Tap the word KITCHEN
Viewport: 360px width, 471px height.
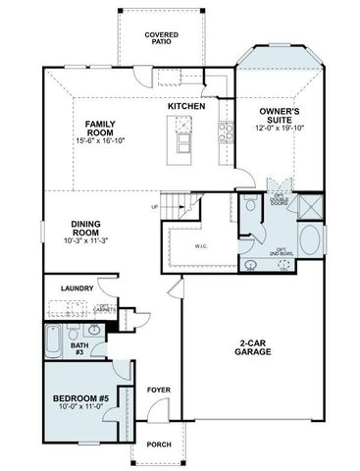tap(186, 105)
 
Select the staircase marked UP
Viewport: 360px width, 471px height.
tap(178, 207)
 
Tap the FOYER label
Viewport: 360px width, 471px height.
tap(159, 390)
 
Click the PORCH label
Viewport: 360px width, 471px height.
tap(159, 444)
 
